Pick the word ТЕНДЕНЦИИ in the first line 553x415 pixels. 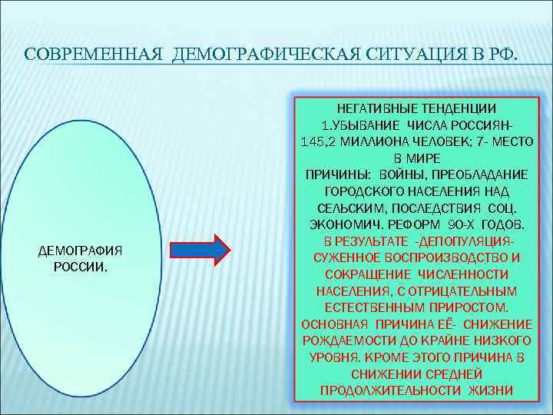pos(459,108)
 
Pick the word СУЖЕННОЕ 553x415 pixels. pos(345,257)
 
